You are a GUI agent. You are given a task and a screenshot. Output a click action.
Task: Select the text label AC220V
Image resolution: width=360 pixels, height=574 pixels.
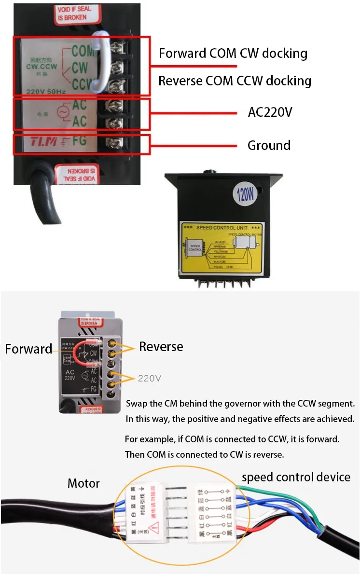(270, 112)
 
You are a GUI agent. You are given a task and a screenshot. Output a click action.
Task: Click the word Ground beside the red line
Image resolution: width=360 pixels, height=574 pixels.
(269, 145)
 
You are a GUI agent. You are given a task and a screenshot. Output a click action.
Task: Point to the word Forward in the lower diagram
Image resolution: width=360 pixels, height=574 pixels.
(28, 349)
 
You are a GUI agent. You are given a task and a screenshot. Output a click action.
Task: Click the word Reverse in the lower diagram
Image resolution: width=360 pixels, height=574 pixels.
(161, 346)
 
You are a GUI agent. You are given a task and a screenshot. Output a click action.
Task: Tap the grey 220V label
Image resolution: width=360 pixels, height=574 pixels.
(150, 378)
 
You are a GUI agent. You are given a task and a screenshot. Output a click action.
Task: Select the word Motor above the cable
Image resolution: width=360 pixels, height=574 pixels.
(83, 483)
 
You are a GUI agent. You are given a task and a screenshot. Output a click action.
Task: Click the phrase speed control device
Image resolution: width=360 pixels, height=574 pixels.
(296, 478)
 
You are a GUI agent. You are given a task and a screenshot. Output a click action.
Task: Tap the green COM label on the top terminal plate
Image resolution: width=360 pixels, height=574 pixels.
(82, 50)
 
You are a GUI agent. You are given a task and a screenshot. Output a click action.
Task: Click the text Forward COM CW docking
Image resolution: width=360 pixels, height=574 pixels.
(233, 53)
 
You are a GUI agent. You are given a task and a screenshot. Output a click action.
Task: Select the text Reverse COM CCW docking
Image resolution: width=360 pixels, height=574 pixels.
(235, 81)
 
